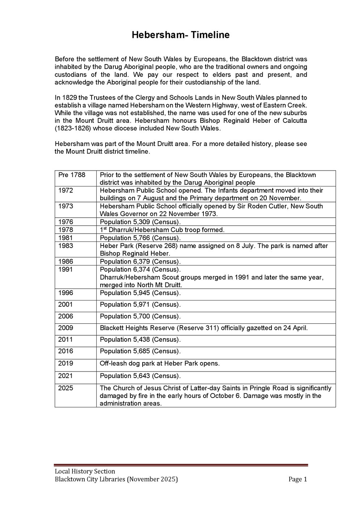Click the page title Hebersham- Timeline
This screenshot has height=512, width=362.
(180, 35)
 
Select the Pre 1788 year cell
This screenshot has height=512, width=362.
(72, 175)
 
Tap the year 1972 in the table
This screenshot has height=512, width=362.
(66, 190)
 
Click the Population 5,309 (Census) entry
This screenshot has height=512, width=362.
(140, 222)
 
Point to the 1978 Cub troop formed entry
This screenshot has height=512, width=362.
(162, 230)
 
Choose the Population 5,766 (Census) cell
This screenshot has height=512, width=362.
(140, 238)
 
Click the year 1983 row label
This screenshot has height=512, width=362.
(66, 246)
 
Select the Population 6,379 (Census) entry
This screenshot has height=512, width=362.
(140, 261)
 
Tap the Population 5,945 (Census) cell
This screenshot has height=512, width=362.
(140, 293)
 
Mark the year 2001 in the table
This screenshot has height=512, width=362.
(66, 305)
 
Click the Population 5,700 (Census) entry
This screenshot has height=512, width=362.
(140, 316)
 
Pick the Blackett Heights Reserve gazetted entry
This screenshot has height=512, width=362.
(203, 328)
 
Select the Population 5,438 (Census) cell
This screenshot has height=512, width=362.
(140, 340)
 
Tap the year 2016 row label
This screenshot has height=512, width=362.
(66, 351)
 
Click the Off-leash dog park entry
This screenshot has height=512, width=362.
(160, 363)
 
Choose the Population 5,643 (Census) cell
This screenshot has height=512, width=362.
(140, 376)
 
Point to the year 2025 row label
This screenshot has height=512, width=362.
(66, 388)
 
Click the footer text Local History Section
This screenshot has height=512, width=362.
(85, 471)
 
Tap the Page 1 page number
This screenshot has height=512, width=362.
(298, 479)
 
